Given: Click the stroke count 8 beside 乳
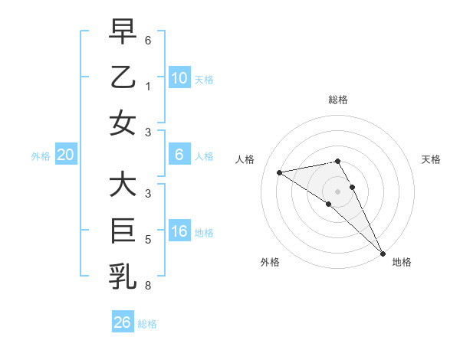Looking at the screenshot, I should click(148, 285).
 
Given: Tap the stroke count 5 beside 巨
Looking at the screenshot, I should click(148, 240).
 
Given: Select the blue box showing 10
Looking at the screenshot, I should click(179, 77).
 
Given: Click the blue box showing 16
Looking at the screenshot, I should click(179, 231).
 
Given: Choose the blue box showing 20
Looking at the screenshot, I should click(66, 155).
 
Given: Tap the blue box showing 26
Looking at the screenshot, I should click(122, 322).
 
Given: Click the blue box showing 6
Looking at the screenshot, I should click(179, 155).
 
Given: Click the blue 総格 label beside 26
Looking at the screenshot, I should click(147, 324).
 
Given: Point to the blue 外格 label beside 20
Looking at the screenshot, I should click(41, 156).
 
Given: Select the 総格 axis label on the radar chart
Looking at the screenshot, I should click(337, 100).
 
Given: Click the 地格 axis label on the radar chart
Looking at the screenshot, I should click(402, 262).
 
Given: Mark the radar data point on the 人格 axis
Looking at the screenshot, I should click(280, 172).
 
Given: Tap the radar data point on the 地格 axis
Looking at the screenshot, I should click(383, 252).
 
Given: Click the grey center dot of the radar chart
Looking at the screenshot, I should click(337, 191).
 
